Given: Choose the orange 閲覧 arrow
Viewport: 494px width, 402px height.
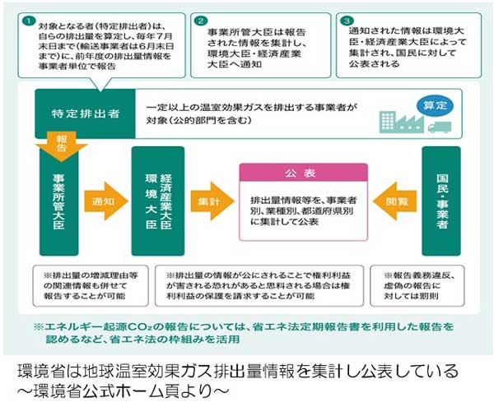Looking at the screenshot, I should click(394, 200).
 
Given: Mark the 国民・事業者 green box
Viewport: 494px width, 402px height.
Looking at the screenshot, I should click(445, 201).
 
